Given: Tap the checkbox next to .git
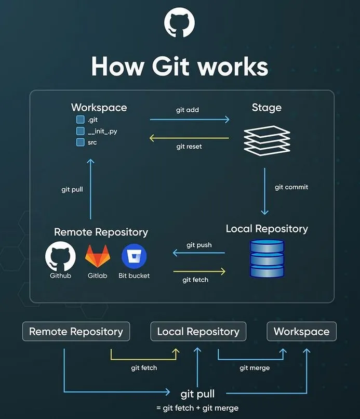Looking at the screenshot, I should point(81,120).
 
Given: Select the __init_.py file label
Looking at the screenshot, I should point(102,131).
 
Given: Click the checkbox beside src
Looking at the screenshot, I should point(81,142).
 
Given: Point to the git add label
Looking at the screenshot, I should point(188,110).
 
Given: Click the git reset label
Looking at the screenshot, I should point(189,147).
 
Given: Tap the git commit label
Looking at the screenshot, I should point(291,187).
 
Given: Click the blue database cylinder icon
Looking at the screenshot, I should point(267,258).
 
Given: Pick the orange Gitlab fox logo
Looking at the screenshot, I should point(98,256).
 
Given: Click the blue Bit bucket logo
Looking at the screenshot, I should point(134,256).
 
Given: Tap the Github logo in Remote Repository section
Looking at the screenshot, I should point(60,256).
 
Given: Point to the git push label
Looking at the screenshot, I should point(199,245).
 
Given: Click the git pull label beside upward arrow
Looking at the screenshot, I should point(72,190).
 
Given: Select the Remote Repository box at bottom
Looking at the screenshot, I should point(76,332).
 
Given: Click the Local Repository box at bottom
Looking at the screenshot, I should point(198,332).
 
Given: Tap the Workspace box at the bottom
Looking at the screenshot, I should point(301,332).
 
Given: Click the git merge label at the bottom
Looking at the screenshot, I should point(255,368).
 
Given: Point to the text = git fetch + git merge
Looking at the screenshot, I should point(197,408).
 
